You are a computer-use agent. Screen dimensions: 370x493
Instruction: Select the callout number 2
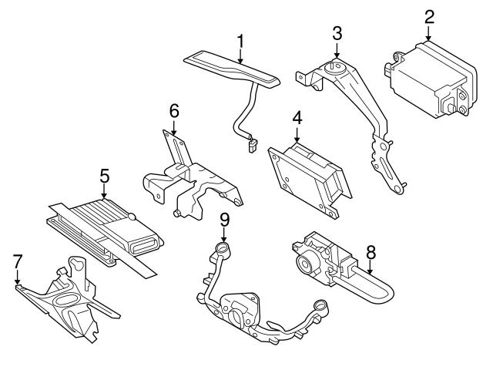[429, 16]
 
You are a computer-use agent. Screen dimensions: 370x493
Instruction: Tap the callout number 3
[337, 35]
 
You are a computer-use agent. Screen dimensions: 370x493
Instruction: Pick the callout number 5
[104, 175]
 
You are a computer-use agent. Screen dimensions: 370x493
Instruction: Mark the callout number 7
[18, 262]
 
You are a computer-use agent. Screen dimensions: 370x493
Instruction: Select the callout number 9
[224, 220]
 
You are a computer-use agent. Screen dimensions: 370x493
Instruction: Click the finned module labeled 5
[100, 224]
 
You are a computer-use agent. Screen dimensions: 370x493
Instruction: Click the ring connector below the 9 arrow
[223, 248]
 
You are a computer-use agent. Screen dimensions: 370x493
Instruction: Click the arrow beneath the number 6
[174, 129]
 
